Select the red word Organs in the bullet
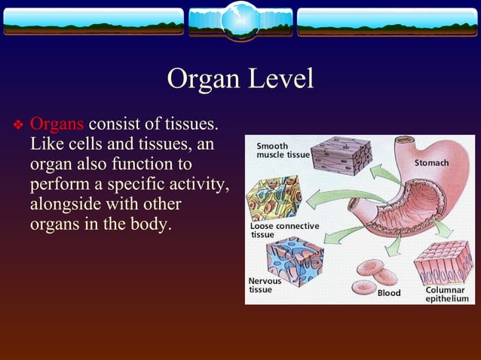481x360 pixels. coord(57,124)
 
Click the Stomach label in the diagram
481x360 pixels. coord(431,163)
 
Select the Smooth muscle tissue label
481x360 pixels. coord(282,150)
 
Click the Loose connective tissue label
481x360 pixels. coord(283,230)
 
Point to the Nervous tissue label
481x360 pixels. coord(265,285)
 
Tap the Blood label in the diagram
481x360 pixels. coord(389,293)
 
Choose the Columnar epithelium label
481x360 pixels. coord(446,294)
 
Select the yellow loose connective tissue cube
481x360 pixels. coord(273,198)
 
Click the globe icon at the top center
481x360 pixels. coord(240,20)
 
